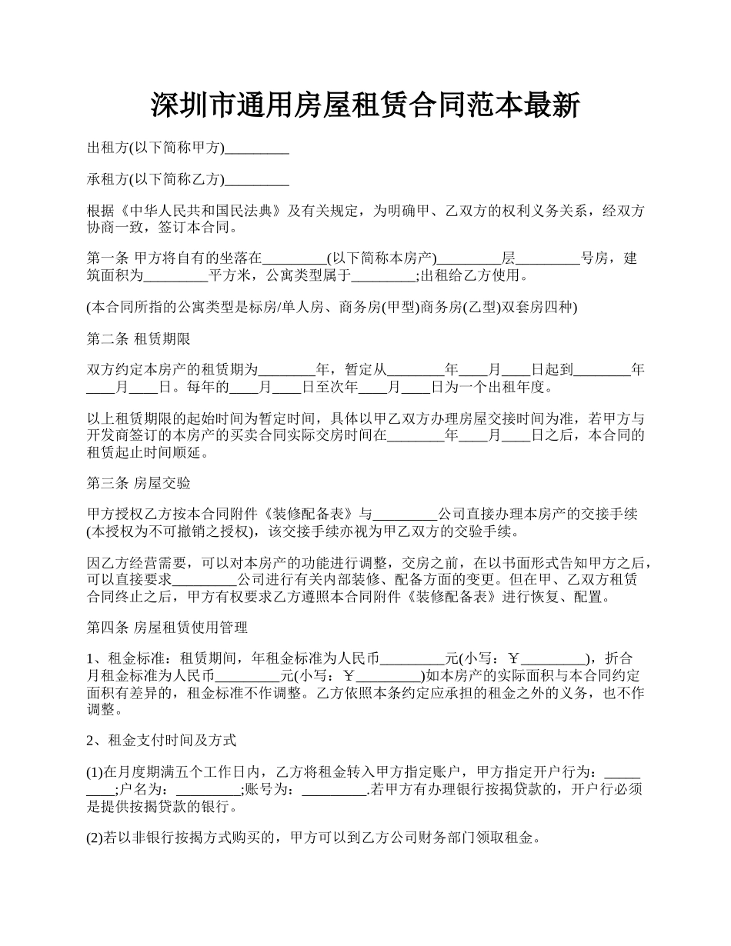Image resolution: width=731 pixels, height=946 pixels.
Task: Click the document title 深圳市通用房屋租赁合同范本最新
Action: click(x=365, y=106)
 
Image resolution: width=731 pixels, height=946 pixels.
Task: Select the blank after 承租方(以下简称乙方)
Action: click(x=257, y=181)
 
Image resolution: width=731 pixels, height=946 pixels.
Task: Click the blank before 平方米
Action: click(x=176, y=276)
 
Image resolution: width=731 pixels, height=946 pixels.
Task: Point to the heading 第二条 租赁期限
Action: click(x=139, y=339)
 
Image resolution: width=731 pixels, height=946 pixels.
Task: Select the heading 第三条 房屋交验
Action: click(x=139, y=484)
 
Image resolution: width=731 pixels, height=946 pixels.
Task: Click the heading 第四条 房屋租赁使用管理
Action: click(x=167, y=628)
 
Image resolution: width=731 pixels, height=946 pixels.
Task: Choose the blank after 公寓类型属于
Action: click(x=383, y=276)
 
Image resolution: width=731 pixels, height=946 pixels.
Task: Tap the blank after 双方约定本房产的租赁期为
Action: click(x=287, y=370)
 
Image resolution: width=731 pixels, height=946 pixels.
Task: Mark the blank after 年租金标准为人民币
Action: click(x=413, y=659)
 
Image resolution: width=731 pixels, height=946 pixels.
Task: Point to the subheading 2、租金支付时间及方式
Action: click(x=162, y=741)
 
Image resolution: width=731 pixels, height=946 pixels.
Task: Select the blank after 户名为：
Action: click(x=209, y=790)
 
